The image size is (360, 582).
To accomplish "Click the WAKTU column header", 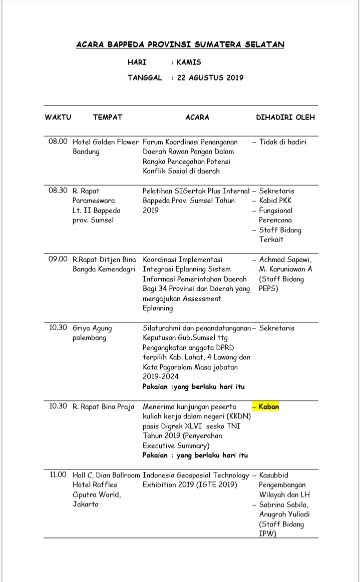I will [58, 118].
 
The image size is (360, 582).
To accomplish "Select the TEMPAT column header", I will [107, 118].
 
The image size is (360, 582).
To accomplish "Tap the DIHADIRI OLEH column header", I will [285, 118].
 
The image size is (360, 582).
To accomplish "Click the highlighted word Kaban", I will [269, 407].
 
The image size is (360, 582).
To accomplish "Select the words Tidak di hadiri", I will [283, 142].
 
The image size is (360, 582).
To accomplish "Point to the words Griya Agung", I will [93, 328].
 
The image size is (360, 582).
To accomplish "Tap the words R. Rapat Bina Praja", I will [104, 407].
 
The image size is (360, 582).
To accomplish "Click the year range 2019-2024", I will [160, 377].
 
